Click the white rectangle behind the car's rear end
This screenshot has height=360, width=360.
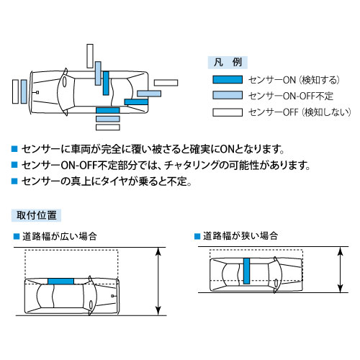click(x=16, y=93)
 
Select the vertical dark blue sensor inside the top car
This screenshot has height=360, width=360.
click(x=107, y=83)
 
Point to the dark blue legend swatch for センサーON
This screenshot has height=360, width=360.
click(x=227, y=81)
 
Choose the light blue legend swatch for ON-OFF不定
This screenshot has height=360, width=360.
click(x=227, y=96)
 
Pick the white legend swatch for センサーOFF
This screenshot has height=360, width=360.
click(x=227, y=112)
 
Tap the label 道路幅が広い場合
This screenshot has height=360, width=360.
click(x=59, y=236)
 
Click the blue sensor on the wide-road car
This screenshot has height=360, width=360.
click(x=61, y=281)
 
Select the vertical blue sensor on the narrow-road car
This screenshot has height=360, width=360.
click(x=246, y=271)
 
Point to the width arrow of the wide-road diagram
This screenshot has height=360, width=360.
click(x=158, y=281)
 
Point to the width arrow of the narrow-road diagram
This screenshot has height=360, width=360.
click(x=340, y=270)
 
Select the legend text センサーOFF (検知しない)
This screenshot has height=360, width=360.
click(x=298, y=112)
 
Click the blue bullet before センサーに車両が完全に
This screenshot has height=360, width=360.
click(x=14, y=150)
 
